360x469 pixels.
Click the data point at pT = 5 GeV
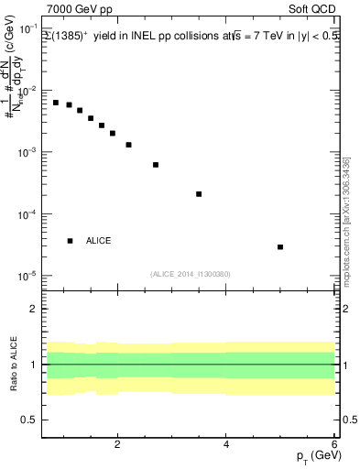click(x=280, y=246)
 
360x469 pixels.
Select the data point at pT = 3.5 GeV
click(x=199, y=194)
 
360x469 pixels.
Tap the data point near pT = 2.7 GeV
click(x=156, y=165)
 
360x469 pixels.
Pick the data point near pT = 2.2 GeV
click(x=128, y=145)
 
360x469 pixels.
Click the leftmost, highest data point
click(x=56, y=103)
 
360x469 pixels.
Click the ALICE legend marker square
click(x=70, y=241)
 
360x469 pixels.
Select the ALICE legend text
click(x=99, y=241)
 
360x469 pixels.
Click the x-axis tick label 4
click(x=226, y=445)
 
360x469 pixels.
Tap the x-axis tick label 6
click(x=334, y=445)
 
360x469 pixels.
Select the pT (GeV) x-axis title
click(x=314, y=457)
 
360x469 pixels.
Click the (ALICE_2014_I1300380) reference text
click(x=190, y=274)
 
